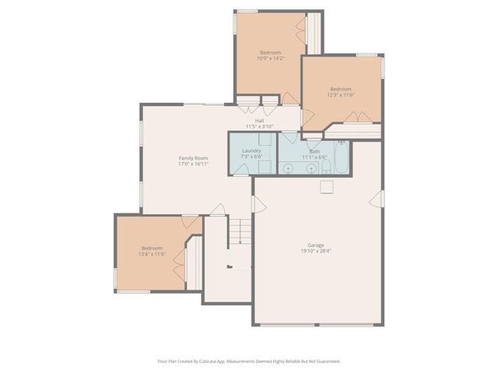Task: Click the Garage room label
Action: [x=317, y=245]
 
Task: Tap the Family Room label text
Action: [x=193, y=158]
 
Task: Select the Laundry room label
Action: [x=251, y=150]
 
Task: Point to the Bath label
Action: [x=314, y=151]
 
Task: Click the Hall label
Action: [x=259, y=120]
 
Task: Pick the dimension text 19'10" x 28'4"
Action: [x=317, y=251]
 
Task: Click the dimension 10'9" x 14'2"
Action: [x=271, y=58]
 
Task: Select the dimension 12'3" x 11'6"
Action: [x=342, y=94]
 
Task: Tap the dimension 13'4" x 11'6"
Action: [x=152, y=254]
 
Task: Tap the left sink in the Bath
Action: [x=289, y=167]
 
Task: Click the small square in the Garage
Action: [x=327, y=185]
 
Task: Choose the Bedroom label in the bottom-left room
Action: [x=152, y=248]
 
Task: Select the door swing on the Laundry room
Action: [x=265, y=139]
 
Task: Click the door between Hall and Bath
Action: [x=289, y=137]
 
